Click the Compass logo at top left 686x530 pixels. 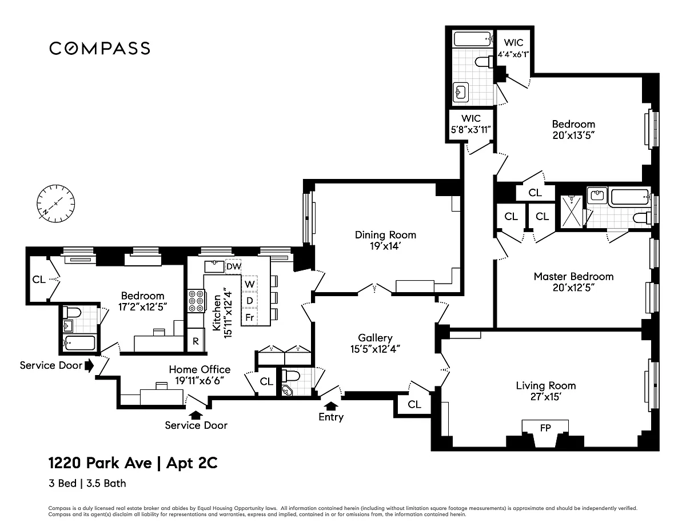[x=100, y=48]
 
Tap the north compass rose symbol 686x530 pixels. [x=56, y=204]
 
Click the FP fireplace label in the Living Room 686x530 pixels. [x=545, y=428]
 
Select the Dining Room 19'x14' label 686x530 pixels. [x=385, y=240]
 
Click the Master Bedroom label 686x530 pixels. [x=573, y=277]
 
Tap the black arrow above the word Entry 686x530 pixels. [x=331, y=406]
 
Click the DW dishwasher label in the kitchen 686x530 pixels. [x=234, y=266]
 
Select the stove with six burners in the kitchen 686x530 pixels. [x=196, y=301]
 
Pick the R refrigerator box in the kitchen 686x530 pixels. [x=196, y=341]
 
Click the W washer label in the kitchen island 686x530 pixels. [x=249, y=284]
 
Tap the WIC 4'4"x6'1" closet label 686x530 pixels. [x=513, y=48]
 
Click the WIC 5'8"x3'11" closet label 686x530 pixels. [x=470, y=123]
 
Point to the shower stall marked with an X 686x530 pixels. [x=572, y=211]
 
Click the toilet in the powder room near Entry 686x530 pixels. [x=290, y=376]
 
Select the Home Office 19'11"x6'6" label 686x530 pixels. [x=200, y=374]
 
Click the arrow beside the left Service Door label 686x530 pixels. [x=89, y=365]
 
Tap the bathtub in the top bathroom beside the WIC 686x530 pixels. [x=473, y=39]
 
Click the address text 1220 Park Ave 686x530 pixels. [x=100, y=463]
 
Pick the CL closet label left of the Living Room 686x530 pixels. [x=414, y=404]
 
